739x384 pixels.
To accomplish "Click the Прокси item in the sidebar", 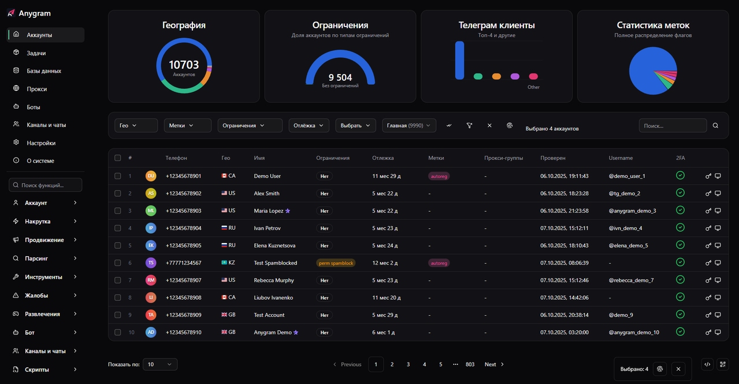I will click(36, 89).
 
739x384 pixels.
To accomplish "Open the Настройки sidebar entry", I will click(40, 143).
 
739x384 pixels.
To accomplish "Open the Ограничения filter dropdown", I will click(250, 125).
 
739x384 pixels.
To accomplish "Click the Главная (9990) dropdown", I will click(409, 125).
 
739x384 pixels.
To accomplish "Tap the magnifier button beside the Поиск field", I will click(716, 125).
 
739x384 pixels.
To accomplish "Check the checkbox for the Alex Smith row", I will click(118, 193).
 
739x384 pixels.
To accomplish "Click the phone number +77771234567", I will click(183, 263).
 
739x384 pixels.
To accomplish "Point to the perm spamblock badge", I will click(336, 263).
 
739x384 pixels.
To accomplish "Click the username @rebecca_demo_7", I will click(631, 280).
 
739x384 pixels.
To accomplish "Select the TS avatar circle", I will click(151, 263).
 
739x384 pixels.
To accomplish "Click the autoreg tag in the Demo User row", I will click(439, 176).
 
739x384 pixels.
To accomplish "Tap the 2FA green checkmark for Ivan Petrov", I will click(680, 228).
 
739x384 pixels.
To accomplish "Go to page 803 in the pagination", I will click(470, 364).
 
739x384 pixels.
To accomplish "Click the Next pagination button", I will click(494, 364).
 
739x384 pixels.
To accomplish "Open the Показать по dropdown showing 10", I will click(160, 364).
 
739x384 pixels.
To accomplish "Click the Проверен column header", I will click(553, 158).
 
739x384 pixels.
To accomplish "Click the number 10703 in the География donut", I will click(184, 65).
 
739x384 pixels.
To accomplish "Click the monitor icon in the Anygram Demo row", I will click(718, 332).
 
